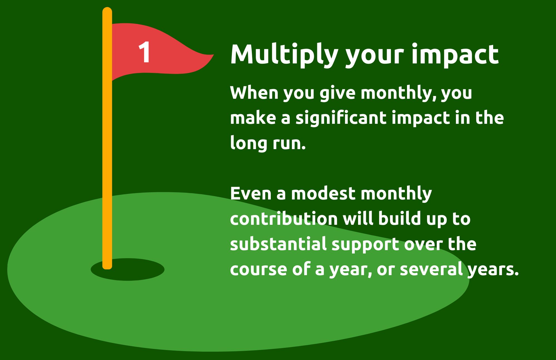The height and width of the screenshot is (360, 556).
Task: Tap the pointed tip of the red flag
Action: point(213,55)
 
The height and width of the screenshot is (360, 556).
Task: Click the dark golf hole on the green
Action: point(128,269)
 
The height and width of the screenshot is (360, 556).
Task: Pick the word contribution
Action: point(284,219)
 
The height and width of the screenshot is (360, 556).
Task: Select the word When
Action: point(254,92)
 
